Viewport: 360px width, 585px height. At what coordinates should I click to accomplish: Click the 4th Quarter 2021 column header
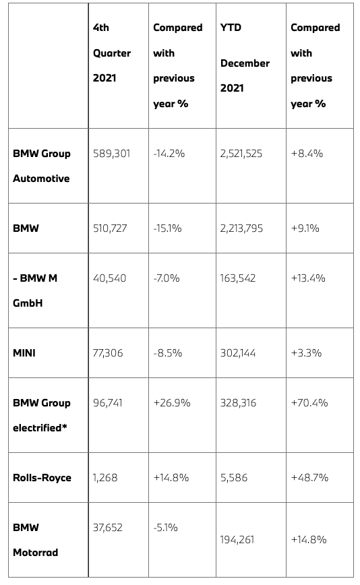tap(111, 53)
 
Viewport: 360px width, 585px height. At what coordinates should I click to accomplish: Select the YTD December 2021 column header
tap(245, 58)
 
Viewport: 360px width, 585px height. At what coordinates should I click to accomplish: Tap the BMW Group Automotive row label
tap(41, 166)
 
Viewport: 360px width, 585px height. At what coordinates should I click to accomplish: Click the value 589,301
tap(111, 154)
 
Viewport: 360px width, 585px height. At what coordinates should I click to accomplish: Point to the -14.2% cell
tap(169, 154)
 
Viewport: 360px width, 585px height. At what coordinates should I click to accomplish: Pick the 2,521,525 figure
tap(241, 154)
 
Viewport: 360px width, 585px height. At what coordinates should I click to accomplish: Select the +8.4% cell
tap(307, 154)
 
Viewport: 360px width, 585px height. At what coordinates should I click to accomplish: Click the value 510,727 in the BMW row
tap(110, 228)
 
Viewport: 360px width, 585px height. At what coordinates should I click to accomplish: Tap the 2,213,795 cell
tap(241, 228)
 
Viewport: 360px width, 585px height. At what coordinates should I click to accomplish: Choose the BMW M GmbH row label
tap(35, 290)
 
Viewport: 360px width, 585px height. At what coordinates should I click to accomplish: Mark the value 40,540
tap(110, 278)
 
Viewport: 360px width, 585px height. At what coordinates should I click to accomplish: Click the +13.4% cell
tap(308, 278)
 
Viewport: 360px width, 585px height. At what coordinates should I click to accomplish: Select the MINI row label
tap(24, 352)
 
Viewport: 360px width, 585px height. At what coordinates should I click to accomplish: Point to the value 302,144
tap(238, 352)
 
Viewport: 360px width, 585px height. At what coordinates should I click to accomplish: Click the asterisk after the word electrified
tap(65, 426)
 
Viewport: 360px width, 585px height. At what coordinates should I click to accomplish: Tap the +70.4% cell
tap(309, 402)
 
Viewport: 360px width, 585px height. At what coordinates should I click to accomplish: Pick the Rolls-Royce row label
tap(42, 478)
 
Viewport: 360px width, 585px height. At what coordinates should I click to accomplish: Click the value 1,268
tap(105, 478)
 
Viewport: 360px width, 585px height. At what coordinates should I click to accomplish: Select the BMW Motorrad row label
tap(36, 540)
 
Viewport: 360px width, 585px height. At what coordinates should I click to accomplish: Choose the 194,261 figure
tap(237, 539)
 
